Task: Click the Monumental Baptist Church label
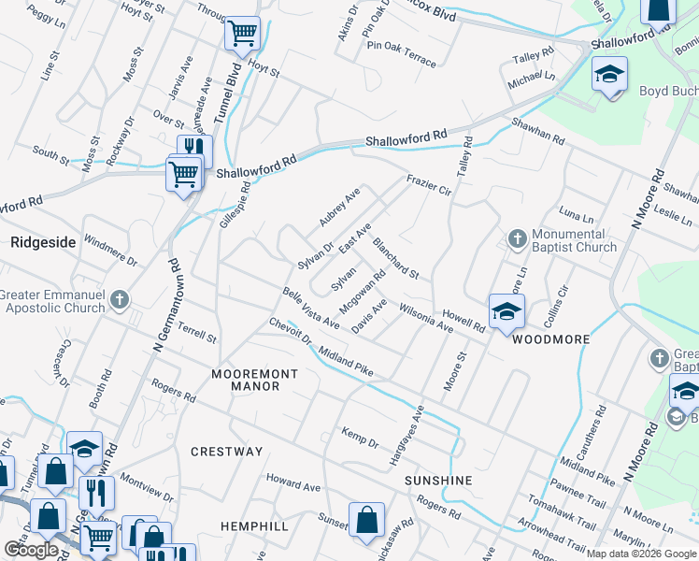tap(574, 240)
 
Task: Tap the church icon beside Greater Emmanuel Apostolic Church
tap(118, 300)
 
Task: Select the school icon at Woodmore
tap(506, 312)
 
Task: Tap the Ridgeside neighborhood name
tap(43, 241)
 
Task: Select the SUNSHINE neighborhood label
tap(438, 480)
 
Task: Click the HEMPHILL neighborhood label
tap(254, 526)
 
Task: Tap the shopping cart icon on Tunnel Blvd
tap(243, 35)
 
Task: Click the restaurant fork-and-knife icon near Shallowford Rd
tap(194, 148)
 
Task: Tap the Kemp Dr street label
tap(360, 439)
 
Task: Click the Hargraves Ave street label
tap(407, 436)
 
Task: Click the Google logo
tap(31, 550)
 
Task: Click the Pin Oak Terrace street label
tap(402, 51)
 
